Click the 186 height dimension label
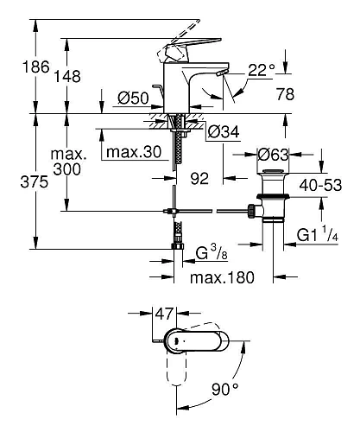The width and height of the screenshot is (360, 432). click(36, 67)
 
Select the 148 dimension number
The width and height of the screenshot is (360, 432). click(67, 76)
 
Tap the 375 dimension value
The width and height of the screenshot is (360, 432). click(35, 182)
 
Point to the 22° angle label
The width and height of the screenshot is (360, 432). click(262, 70)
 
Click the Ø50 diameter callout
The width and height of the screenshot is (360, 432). click(133, 98)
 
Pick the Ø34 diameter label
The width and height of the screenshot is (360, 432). click(224, 132)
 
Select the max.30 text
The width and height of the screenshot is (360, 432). click(134, 152)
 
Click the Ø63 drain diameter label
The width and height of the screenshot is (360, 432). click(273, 155)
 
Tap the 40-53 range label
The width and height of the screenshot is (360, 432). click(320, 185)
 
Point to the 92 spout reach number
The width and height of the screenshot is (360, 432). click(199, 179)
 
